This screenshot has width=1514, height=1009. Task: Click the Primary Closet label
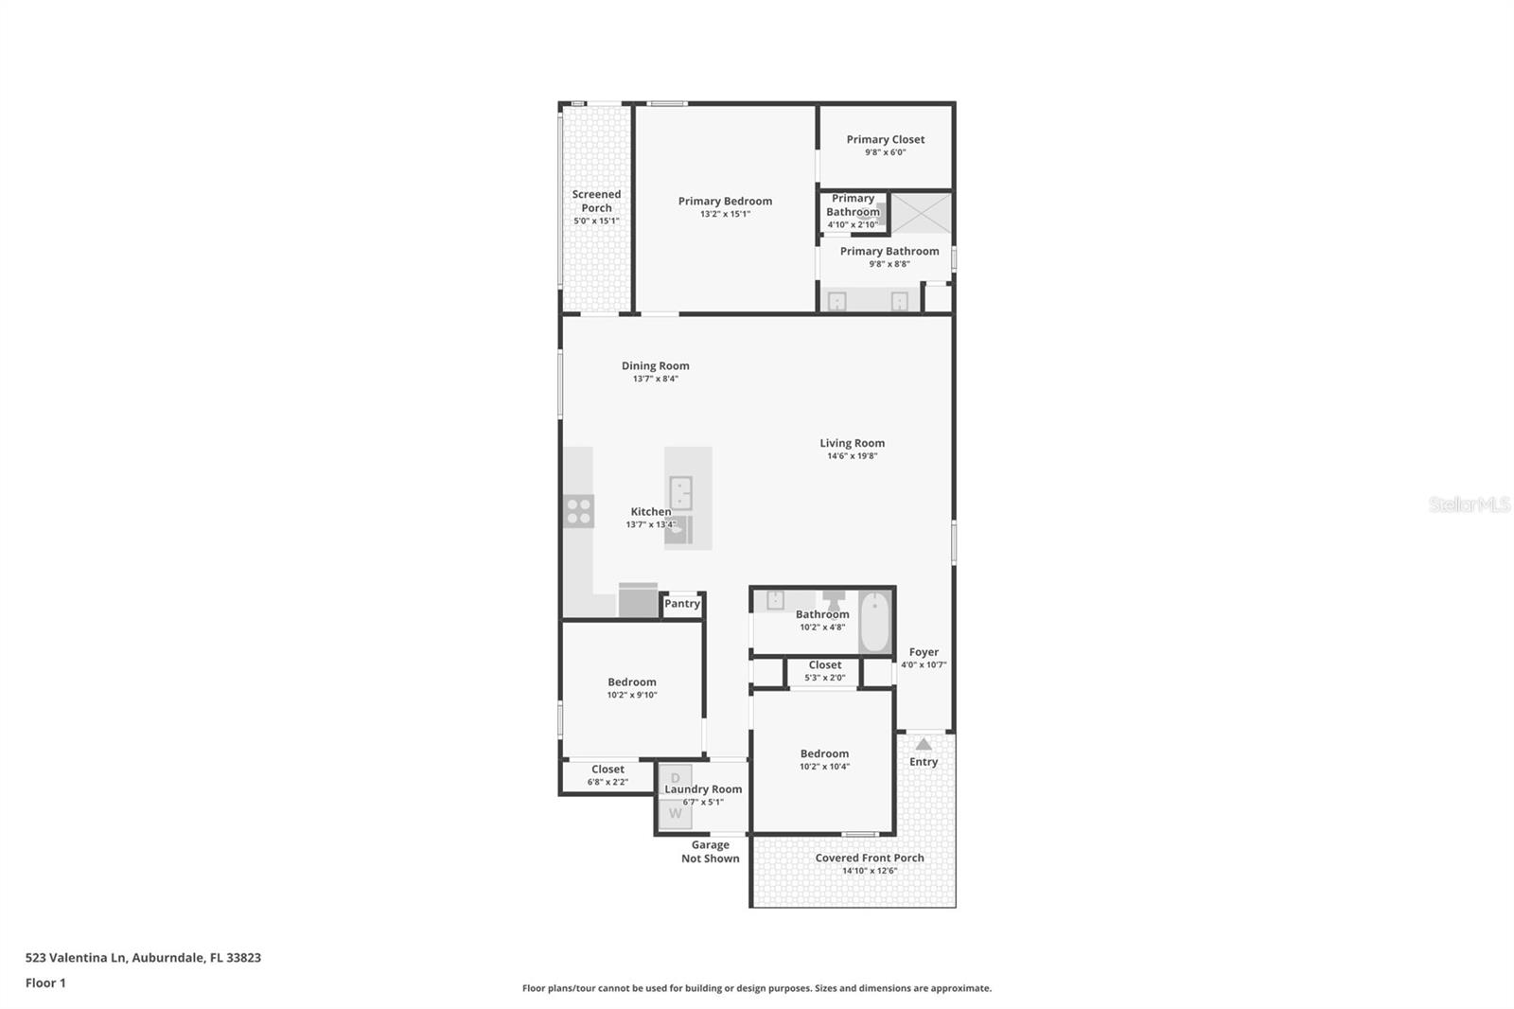tap(885, 139)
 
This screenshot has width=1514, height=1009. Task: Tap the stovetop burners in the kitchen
tap(578, 511)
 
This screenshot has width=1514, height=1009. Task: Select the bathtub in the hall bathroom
tap(874, 622)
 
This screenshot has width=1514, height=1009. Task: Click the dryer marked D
tap(675, 777)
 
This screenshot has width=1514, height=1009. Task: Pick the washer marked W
tap(675, 813)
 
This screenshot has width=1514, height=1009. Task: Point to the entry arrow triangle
tap(924, 744)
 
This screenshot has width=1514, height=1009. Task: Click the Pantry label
tap(681, 604)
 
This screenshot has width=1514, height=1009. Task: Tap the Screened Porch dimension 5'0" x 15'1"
tap(596, 221)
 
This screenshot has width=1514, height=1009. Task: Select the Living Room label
tap(852, 443)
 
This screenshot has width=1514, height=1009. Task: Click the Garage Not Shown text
tap(710, 852)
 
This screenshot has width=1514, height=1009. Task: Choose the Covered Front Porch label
tap(869, 858)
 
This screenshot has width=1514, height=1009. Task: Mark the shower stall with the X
tap(921, 213)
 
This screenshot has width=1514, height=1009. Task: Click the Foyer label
tap(924, 652)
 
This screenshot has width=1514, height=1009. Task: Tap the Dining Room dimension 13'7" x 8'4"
tap(655, 379)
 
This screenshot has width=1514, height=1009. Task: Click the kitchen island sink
tap(680, 493)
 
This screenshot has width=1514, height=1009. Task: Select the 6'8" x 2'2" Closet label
tap(607, 782)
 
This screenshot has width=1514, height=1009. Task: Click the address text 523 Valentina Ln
tap(76, 957)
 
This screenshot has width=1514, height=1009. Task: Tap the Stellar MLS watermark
tap(1469, 504)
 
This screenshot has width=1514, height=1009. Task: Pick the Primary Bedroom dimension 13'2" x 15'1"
tap(725, 214)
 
